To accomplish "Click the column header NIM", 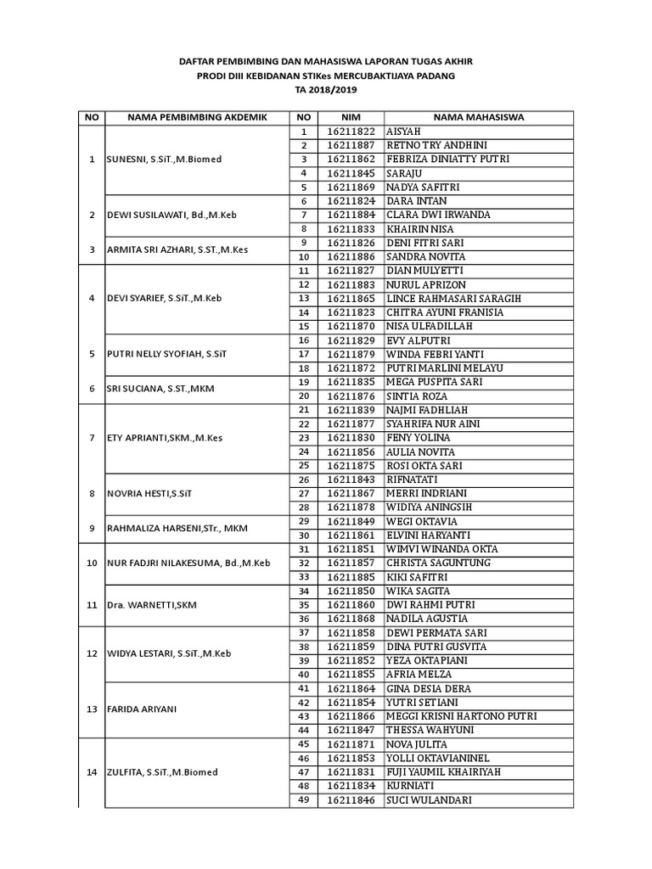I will coord(351,117).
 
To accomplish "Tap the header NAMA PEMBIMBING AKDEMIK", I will coord(197,117).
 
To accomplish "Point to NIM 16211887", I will coord(351,145).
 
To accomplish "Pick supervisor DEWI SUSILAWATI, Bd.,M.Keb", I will coord(171,215).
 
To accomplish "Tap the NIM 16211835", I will coord(351,382).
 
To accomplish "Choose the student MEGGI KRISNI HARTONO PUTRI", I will coord(461,716).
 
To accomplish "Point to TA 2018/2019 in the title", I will coord(326,89).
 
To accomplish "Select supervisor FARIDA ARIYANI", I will coord(141,709).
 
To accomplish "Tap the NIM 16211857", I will coord(351,563).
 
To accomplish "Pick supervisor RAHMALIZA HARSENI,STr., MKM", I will coord(176,528).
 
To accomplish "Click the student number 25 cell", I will coord(303,466).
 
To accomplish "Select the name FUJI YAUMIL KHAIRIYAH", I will coord(449,772).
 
